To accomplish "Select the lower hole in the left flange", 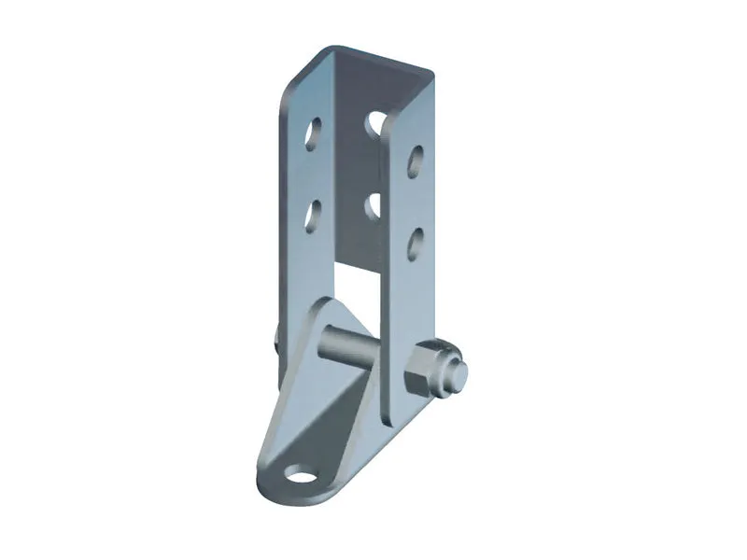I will pyautogui.click(x=313, y=216).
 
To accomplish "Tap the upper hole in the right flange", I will pyautogui.click(x=415, y=160).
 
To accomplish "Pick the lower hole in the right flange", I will pyautogui.click(x=415, y=241).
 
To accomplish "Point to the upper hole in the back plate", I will pyautogui.click(x=375, y=122).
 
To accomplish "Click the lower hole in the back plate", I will pyautogui.click(x=373, y=203).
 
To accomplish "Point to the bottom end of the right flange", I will pyautogui.click(x=397, y=411).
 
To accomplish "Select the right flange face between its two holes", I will pyautogui.click(x=413, y=201).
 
